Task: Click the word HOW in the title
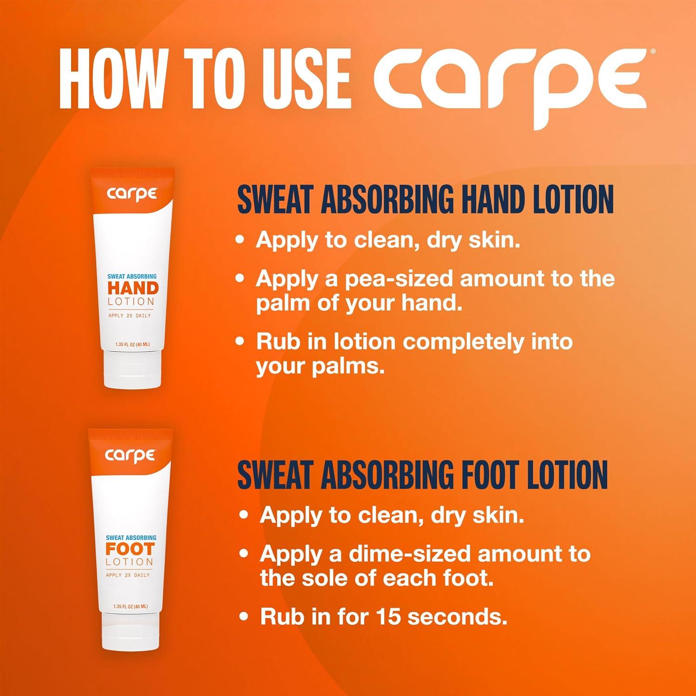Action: coord(108,77)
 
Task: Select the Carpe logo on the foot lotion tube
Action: coord(130,455)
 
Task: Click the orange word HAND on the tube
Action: coord(133,289)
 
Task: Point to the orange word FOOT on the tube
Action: coord(130,549)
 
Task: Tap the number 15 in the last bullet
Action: coord(389,617)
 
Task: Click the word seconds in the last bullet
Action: coord(457,617)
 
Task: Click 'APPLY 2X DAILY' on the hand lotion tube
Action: coord(129,316)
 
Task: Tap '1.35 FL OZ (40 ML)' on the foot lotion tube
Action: coord(130,606)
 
